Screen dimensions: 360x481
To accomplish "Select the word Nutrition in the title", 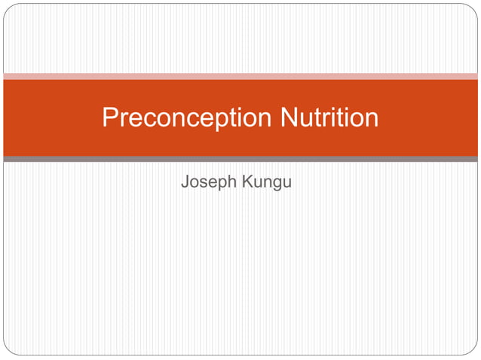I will point(329,118).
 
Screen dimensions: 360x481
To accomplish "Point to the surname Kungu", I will point(266,182).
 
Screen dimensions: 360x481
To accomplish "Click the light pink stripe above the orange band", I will point(240,76).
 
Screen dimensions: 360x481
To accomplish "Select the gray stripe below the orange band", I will point(240,159).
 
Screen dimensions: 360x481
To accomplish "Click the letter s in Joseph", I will point(204,183).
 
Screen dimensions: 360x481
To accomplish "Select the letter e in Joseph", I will point(213,183).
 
